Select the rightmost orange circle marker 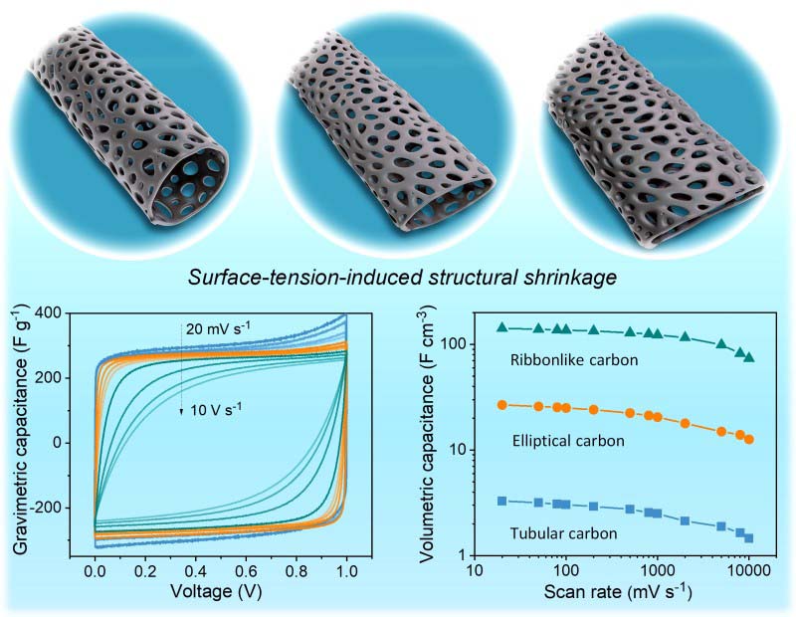pyautogui.click(x=749, y=439)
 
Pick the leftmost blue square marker pyautogui.click(x=502, y=501)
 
